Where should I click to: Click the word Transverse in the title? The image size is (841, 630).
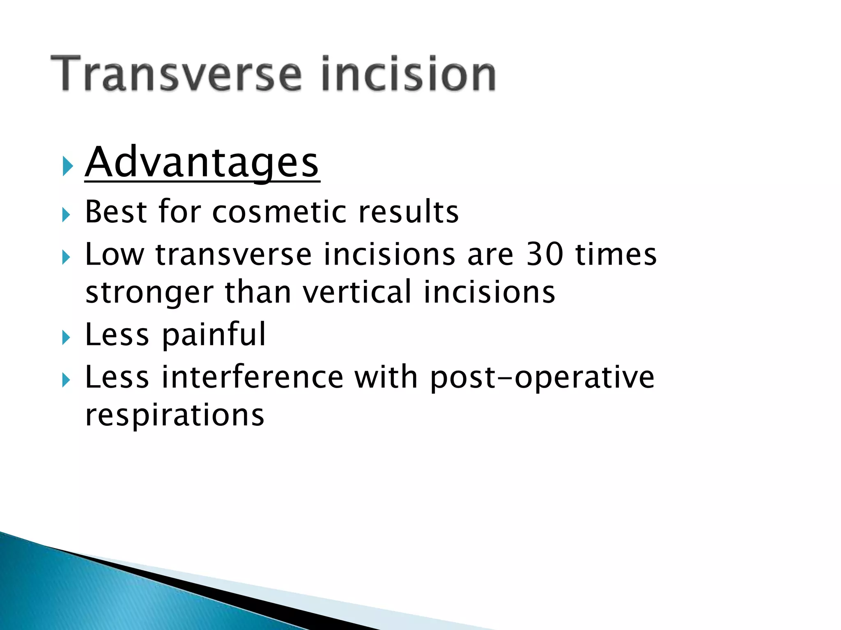pos(177,74)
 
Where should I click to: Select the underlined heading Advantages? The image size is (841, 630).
pos(202,163)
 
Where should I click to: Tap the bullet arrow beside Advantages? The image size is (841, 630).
pos(67,166)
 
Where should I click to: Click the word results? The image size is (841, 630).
pos(408,212)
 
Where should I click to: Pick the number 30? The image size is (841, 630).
pos(545,254)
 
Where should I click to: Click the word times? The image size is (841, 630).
pos(616,254)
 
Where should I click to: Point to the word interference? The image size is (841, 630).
pos(252,377)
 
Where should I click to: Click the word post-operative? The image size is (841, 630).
pos(542,378)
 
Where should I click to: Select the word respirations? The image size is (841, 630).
pos(175,415)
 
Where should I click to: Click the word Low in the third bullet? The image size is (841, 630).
pos(115,254)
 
